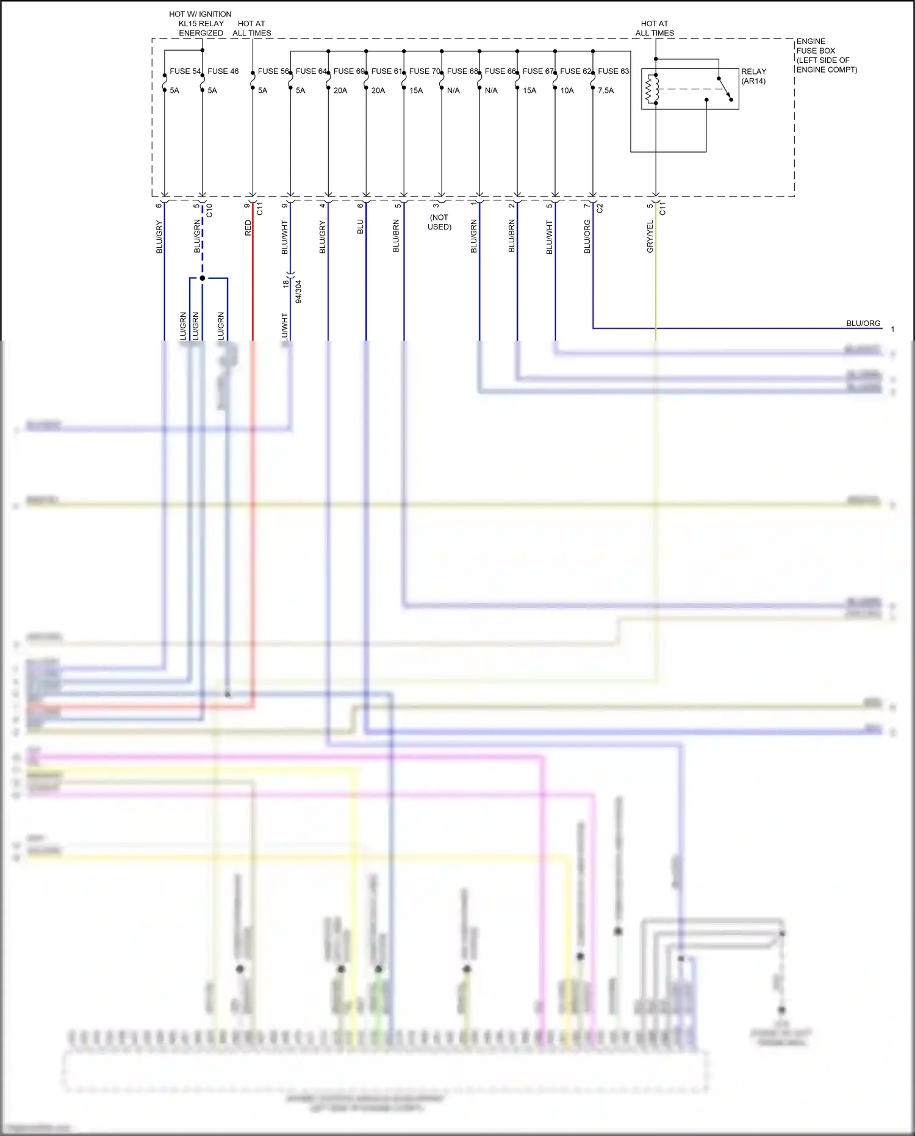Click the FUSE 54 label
pyautogui.click(x=185, y=71)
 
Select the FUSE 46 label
pyautogui.click(x=223, y=71)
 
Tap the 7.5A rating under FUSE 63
pyautogui.click(x=606, y=90)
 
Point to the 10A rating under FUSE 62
pyautogui.click(x=567, y=90)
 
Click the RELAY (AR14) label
pyautogui.click(x=753, y=76)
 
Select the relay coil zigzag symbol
pyautogui.click(x=651, y=89)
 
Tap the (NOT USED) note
pyautogui.click(x=439, y=222)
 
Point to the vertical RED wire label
pyautogui.click(x=248, y=228)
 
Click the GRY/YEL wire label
pyautogui.click(x=650, y=237)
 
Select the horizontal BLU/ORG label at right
pyautogui.click(x=863, y=324)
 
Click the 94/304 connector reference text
pyautogui.click(x=298, y=292)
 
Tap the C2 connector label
pyautogui.click(x=600, y=208)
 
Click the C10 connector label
pyautogui.click(x=209, y=211)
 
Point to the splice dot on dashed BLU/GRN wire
pyautogui.click(x=203, y=278)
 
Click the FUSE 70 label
pyautogui.click(x=425, y=71)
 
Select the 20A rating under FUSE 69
pyautogui.click(x=340, y=90)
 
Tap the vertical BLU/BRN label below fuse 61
pyautogui.click(x=396, y=237)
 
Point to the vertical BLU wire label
pyautogui.click(x=360, y=226)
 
